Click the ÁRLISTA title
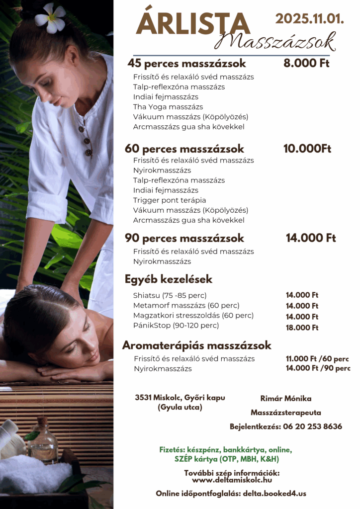[192, 24]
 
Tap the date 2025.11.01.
[309, 19]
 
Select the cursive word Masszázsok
[275, 41]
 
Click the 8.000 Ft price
[306, 64]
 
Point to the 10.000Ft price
[307, 149]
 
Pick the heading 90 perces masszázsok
[184, 238]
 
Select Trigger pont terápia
[170, 200]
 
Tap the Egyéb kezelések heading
[169, 279]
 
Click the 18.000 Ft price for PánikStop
[302, 328]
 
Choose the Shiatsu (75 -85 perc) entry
[170, 295]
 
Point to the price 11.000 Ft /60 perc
[317, 359]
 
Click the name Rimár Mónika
[286, 399]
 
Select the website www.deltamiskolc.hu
[232, 480]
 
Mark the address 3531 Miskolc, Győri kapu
[180, 398]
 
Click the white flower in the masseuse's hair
[50, 17]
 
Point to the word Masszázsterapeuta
[286, 413]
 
